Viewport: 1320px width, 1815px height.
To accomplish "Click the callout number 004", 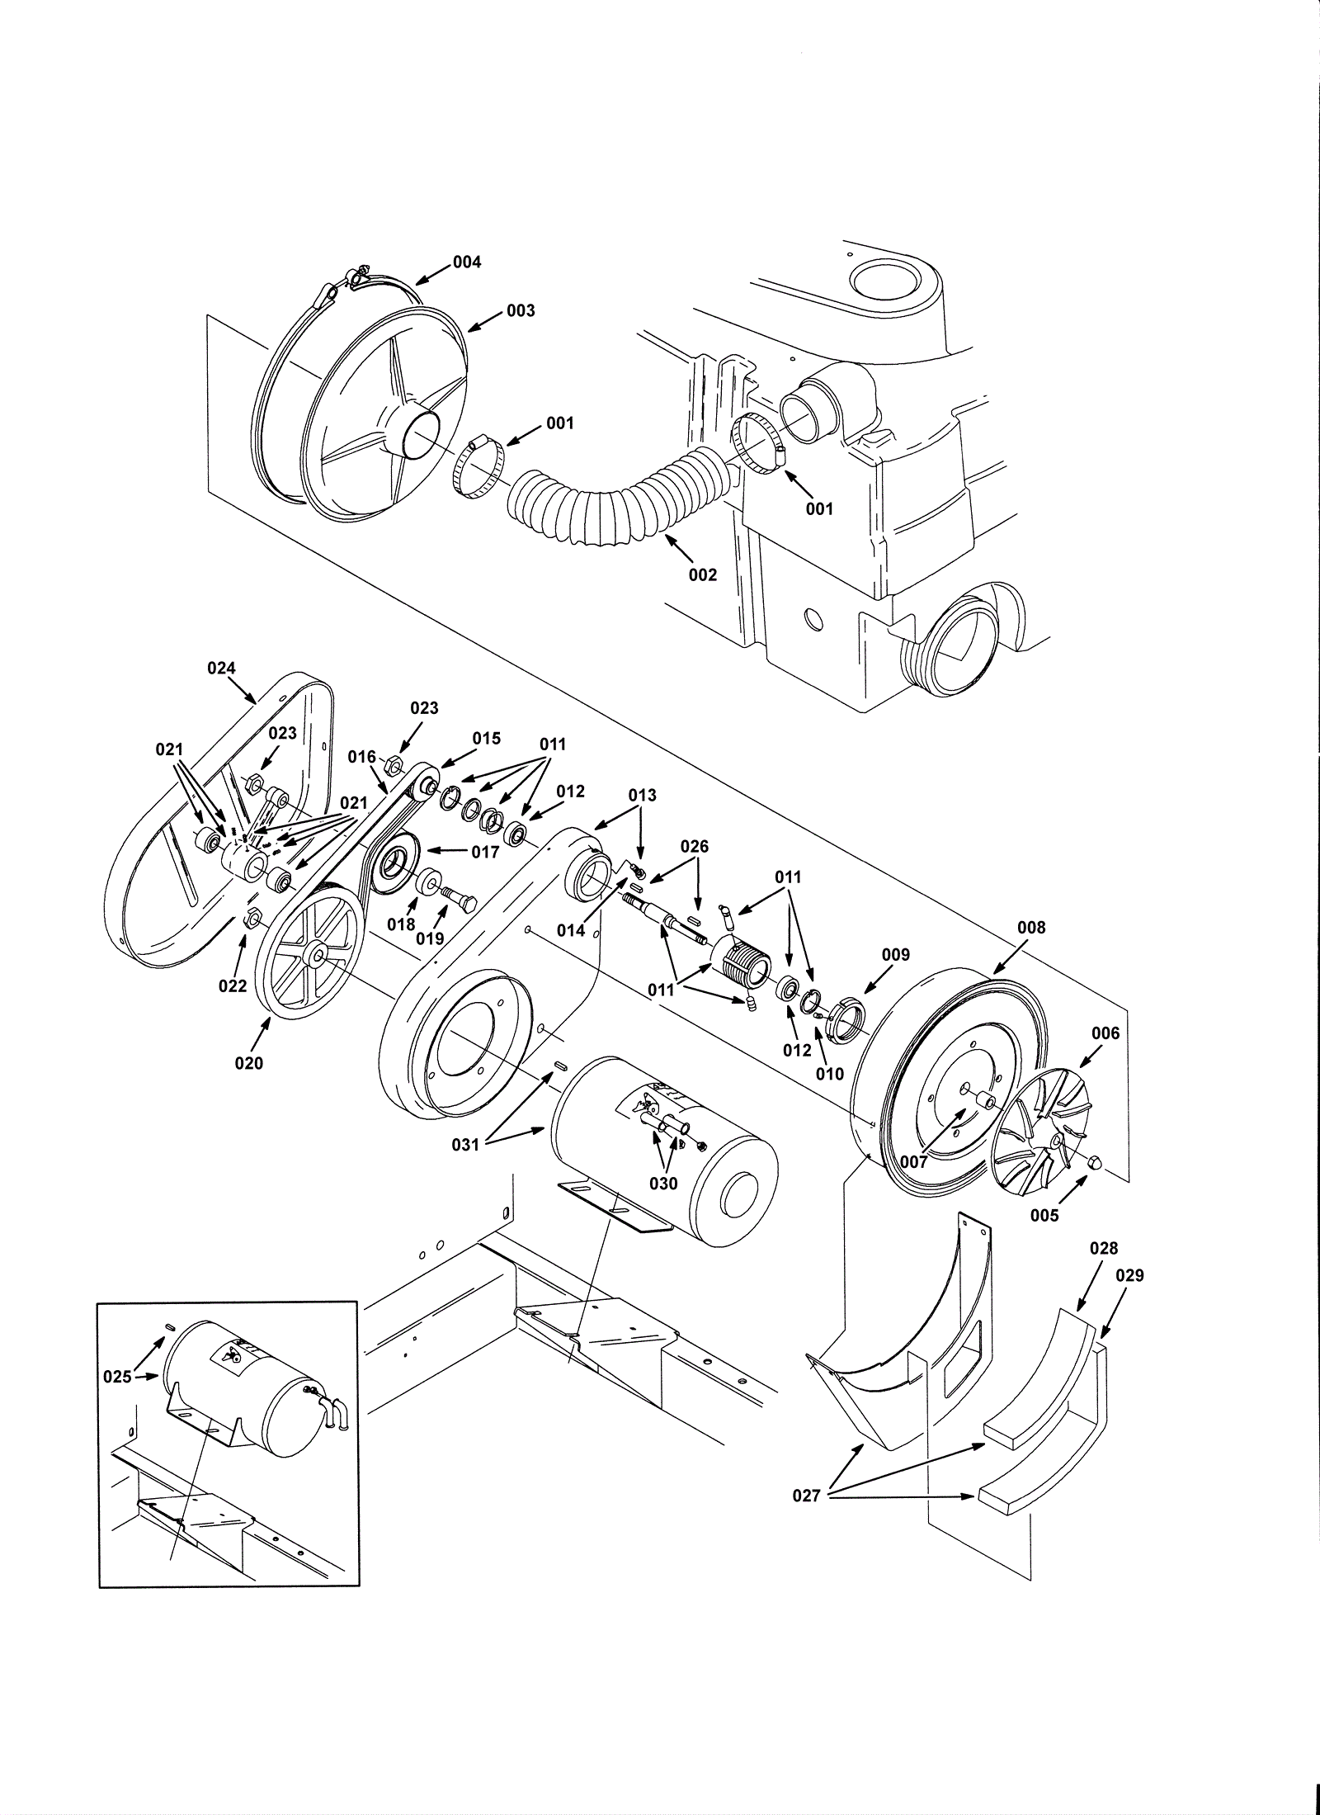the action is click(467, 262).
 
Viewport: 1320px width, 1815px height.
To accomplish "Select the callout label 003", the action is click(521, 310).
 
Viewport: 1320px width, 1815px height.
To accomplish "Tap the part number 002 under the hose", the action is click(703, 575).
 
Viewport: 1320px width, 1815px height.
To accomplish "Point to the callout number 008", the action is click(1031, 928).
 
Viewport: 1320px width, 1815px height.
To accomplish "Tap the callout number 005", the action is click(1044, 1215).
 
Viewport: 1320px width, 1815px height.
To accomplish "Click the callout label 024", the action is click(221, 669).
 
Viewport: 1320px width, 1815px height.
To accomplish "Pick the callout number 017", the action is click(486, 852).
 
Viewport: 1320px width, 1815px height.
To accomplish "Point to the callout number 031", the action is click(466, 1145).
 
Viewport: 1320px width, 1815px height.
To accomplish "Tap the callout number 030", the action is click(663, 1184).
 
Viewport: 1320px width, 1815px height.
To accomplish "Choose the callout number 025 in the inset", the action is click(118, 1377).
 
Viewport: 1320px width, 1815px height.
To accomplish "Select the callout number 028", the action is click(1104, 1249).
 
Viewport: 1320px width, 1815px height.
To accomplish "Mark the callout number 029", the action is click(1130, 1275).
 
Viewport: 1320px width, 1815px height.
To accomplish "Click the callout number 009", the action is click(896, 955).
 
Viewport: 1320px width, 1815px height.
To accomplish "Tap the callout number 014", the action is click(571, 930).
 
